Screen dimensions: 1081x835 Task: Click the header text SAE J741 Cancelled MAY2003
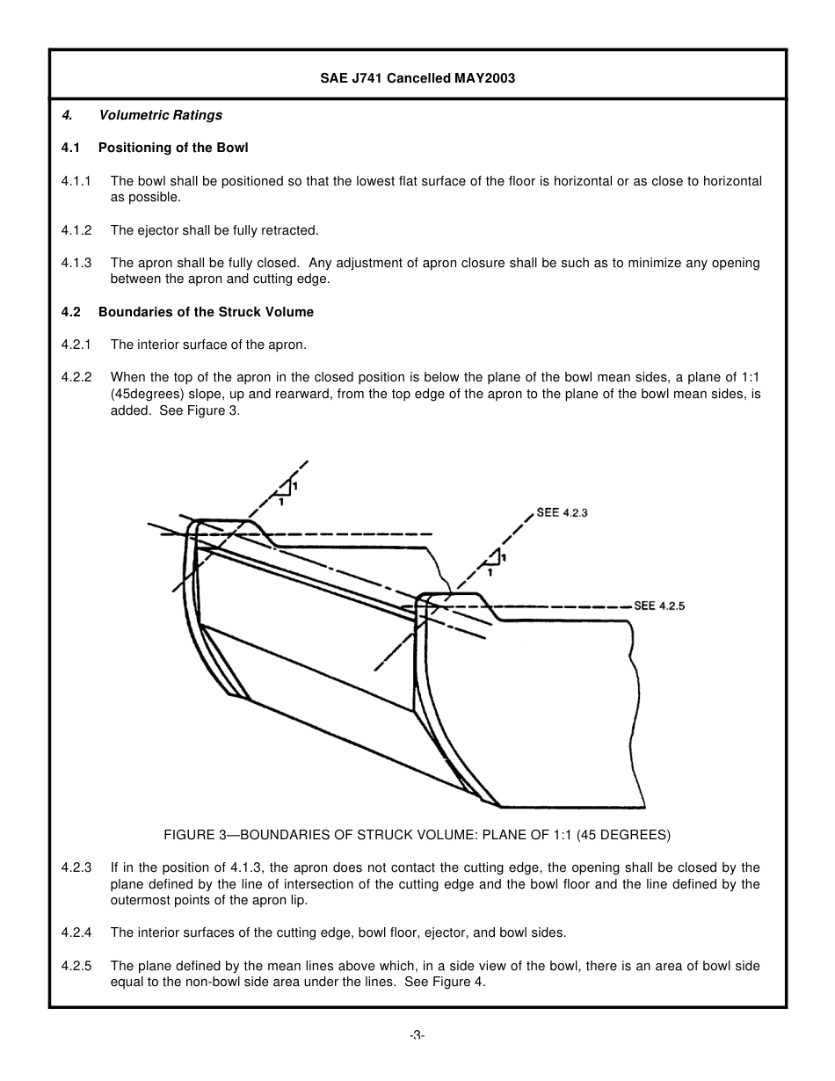click(x=417, y=78)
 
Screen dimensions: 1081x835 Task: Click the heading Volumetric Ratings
click(x=160, y=115)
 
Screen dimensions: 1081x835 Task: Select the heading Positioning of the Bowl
click(x=173, y=148)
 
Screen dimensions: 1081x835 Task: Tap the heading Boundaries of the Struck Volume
click(x=206, y=312)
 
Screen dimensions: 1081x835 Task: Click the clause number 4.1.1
click(x=76, y=181)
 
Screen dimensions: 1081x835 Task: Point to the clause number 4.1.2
click(x=76, y=230)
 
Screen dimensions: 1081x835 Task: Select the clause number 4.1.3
click(x=76, y=263)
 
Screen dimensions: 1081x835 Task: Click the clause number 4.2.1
click(x=76, y=345)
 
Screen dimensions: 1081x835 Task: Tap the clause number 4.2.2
click(x=76, y=378)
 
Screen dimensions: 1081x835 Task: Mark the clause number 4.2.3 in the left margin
click(x=76, y=867)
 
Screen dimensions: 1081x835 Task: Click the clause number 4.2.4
click(x=76, y=932)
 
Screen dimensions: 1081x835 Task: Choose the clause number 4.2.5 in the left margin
click(x=76, y=966)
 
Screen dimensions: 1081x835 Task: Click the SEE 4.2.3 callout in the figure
click(x=562, y=512)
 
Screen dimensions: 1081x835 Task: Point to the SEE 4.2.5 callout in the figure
click(x=659, y=606)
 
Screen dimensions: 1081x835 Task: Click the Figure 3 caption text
click(x=417, y=834)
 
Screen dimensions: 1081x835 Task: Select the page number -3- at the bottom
click(x=417, y=1036)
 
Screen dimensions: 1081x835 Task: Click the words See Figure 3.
click(x=200, y=410)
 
